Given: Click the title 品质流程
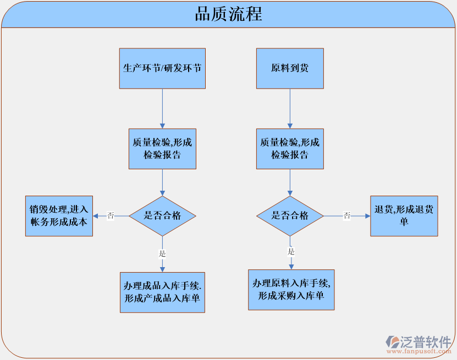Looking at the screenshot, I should click(228, 14).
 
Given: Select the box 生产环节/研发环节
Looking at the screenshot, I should click(162, 69).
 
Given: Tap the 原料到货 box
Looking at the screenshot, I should click(290, 69).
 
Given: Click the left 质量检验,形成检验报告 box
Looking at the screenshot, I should click(162, 148).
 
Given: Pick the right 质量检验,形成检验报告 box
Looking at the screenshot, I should click(290, 148).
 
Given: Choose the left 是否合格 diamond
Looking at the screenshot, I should click(162, 215).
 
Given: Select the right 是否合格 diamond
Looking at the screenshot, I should click(290, 215).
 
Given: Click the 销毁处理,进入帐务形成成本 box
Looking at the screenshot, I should click(59, 215).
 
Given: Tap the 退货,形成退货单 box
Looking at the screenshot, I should click(404, 215).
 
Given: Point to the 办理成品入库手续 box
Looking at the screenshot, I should click(162, 292).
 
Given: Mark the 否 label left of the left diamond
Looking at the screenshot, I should click(111, 215).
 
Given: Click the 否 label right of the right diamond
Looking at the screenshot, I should click(347, 215).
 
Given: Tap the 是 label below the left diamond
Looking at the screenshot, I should click(162, 253).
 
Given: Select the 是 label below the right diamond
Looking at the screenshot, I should click(291, 252).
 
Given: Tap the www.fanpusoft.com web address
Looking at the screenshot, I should click(418, 351).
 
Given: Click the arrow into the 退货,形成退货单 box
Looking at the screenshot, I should click(363, 216).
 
